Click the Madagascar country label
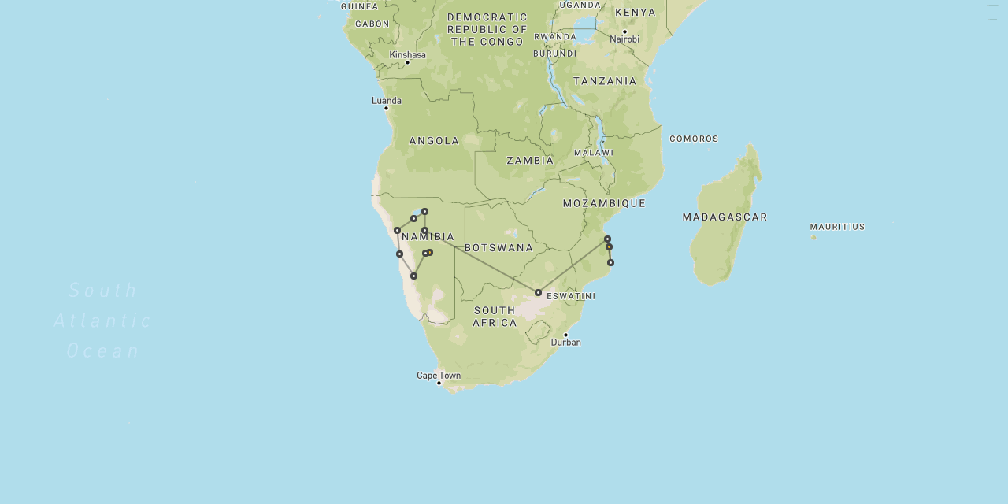tap(724, 217)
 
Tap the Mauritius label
tap(837, 227)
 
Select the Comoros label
tap(694, 139)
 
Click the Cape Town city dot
tap(439, 384)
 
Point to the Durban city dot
tap(565, 335)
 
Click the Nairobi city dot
tap(624, 32)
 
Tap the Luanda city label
tap(387, 101)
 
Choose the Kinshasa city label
tap(407, 55)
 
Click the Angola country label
tap(434, 141)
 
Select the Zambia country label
tap(530, 161)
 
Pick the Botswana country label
tap(498, 248)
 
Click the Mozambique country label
tap(604, 203)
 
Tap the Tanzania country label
tap(605, 81)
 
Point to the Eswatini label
tap(571, 297)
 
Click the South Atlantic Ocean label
tap(103, 321)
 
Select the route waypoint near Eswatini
tap(538, 292)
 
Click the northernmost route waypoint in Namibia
tap(424, 211)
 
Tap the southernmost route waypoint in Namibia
tap(413, 276)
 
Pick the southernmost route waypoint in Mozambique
tap(610, 262)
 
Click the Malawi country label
tap(593, 153)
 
